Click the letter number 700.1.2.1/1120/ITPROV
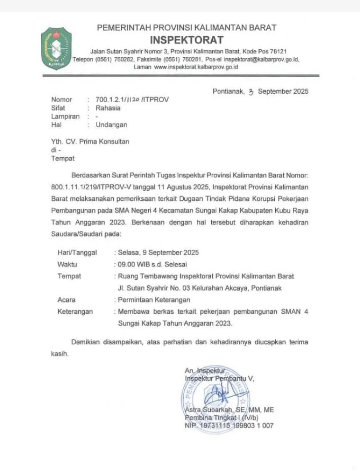[132, 99]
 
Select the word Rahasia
[108, 108]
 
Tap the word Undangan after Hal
[111, 125]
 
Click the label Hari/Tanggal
[77, 252]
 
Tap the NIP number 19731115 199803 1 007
[236, 426]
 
